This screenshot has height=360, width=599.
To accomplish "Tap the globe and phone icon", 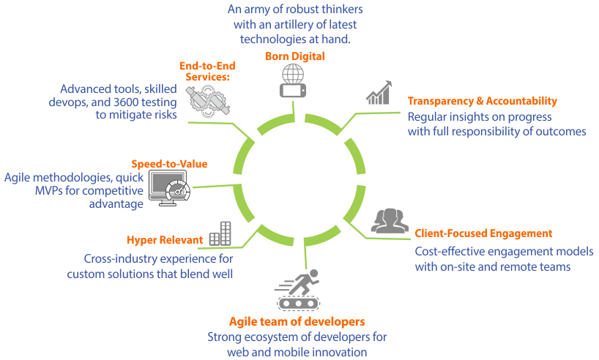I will click(292, 81).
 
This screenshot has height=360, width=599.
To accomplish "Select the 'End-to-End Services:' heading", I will click(204, 70).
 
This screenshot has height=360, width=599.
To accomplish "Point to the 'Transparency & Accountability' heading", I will click(483, 101).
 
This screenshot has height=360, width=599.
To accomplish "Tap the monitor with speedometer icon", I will click(169, 189).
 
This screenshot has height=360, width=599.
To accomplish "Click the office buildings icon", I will click(220, 234).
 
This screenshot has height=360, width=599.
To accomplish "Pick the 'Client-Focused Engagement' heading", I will click(483, 233).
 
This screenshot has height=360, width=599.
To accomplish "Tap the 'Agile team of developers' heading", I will click(297, 322).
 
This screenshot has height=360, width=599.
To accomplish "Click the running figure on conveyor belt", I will click(299, 290).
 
